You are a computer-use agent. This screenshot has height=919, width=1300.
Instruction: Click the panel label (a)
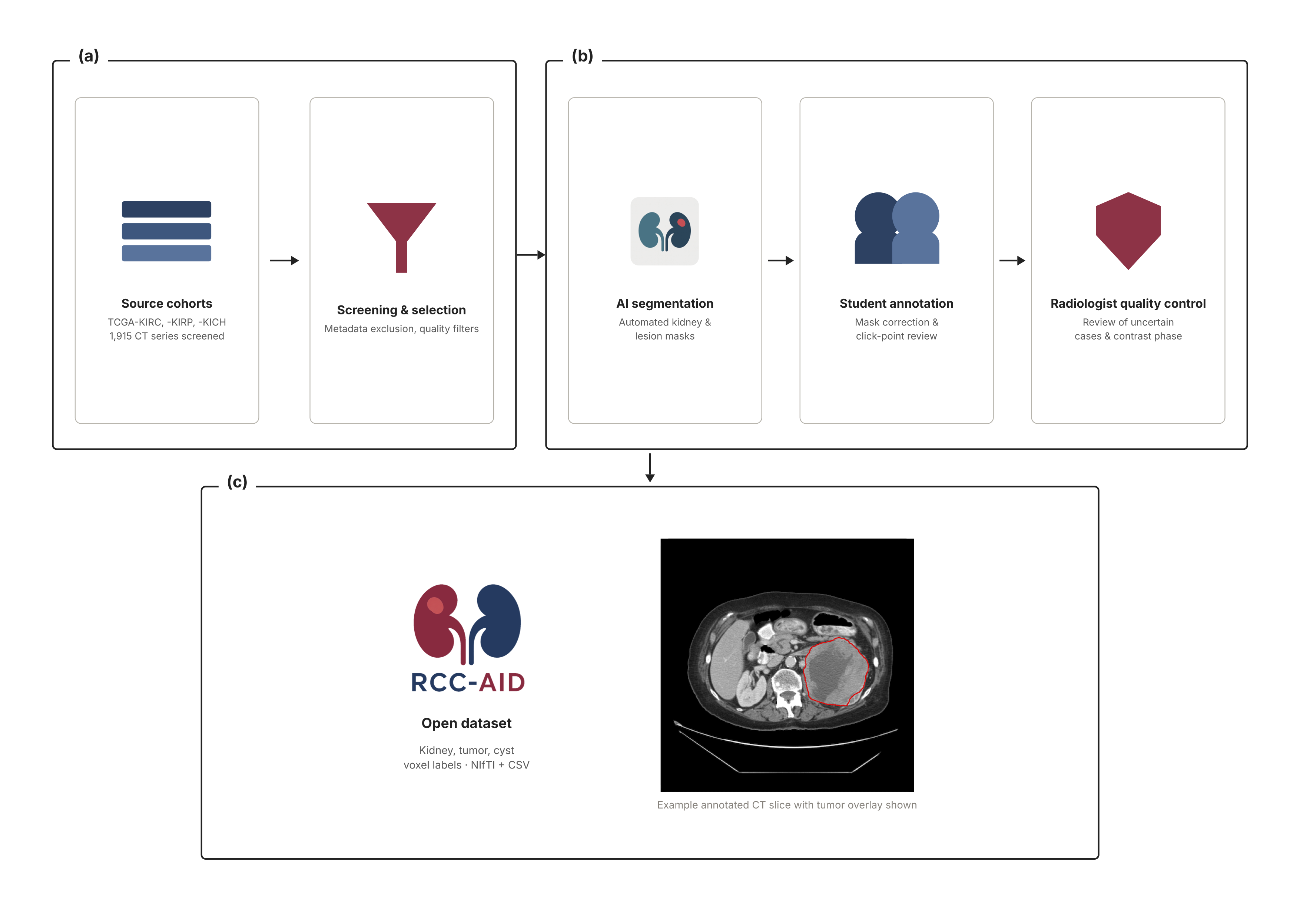point(89,56)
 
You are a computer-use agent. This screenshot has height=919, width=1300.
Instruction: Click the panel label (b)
point(582,56)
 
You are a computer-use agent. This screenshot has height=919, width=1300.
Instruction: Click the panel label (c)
point(237,482)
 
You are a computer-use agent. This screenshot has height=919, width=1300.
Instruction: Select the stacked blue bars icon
point(166,231)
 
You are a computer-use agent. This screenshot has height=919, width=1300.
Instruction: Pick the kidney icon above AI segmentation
point(665,231)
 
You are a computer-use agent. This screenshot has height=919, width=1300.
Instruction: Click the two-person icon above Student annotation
point(897,228)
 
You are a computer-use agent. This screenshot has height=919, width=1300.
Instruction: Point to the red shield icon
point(1128,231)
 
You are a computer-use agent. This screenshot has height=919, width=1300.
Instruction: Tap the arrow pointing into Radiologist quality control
point(1012,261)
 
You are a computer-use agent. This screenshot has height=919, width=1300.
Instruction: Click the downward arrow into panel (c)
point(650,468)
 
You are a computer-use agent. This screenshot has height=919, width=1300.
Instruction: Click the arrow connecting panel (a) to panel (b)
point(531,255)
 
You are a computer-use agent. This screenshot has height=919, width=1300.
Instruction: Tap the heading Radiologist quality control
point(1128,304)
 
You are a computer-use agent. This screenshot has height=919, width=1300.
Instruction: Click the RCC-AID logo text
point(468,682)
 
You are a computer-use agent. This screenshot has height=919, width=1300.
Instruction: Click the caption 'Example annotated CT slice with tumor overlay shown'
point(787,805)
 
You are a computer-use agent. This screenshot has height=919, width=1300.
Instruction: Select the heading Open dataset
point(467,723)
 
